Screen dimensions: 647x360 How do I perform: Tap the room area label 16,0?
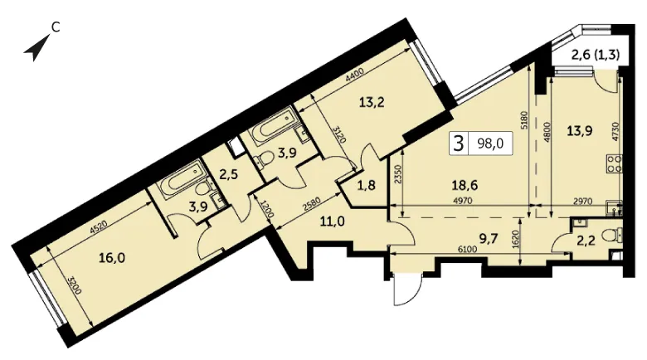pyautogui.click(x=112, y=258)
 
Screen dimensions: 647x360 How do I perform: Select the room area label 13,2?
pyautogui.click(x=372, y=101)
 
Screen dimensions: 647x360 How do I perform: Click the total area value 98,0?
pyautogui.click(x=489, y=143)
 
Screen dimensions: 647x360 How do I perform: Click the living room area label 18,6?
pyautogui.click(x=465, y=185)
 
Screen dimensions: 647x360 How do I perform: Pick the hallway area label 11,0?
pyautogui.click(x=333, y=222)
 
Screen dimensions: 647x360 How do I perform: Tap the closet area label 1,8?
pyautogui.click(x=366, y=185)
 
